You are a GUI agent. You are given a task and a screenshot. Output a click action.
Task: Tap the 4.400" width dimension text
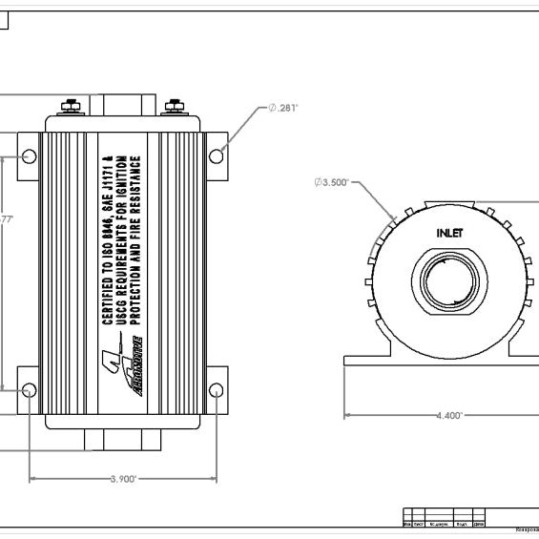[x=448, y=415]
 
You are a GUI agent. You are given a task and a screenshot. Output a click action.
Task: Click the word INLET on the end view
[x=451, y=232]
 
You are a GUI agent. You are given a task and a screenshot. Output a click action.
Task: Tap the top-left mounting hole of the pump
[x=29, y=155]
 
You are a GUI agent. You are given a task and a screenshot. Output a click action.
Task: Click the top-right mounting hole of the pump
[x=217, y=155]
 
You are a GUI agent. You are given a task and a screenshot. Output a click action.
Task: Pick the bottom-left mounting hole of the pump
[x=29, y=389]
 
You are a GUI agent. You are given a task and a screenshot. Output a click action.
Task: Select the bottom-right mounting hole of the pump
[x=216, y=389]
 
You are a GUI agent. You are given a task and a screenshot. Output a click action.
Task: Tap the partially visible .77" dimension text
[x=6, y=219]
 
